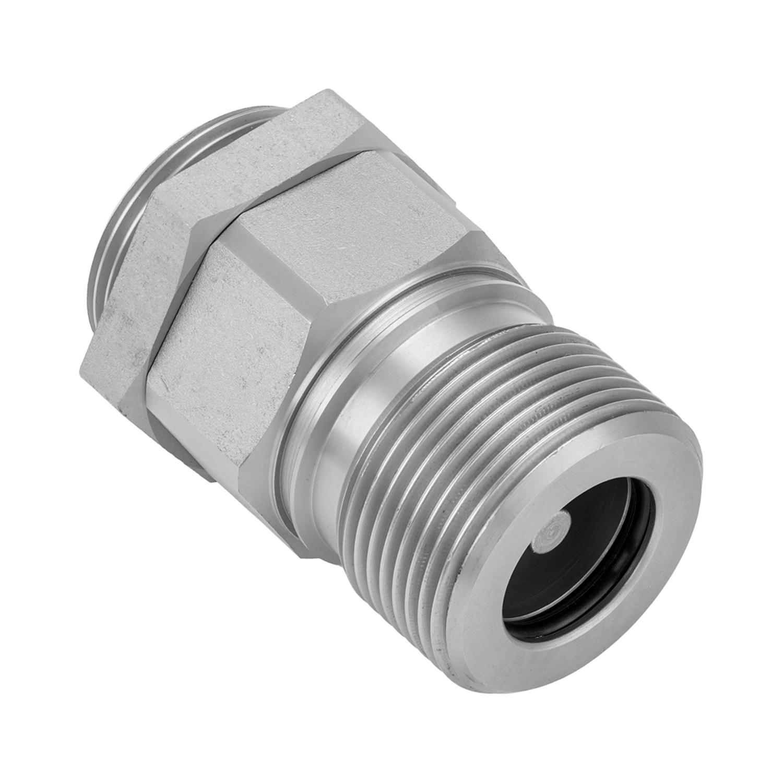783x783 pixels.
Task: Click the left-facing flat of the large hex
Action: [x=219, y=339]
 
